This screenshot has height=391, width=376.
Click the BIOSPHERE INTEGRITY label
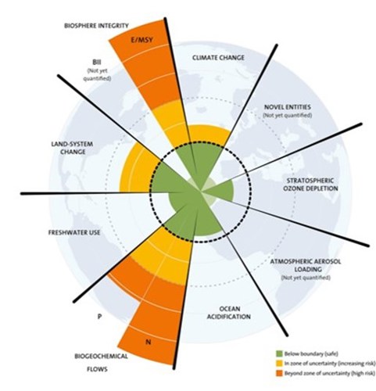96,26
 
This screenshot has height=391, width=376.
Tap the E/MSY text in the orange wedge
141,40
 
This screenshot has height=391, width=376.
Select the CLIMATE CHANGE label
218,58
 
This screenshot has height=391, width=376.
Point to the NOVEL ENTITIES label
288,107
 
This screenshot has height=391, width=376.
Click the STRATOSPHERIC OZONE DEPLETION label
310,185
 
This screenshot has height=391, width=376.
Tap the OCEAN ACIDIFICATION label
228,313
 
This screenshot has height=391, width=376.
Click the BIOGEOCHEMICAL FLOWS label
101,363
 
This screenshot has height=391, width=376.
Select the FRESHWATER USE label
74,232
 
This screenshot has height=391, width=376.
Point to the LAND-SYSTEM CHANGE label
72,148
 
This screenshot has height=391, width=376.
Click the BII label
97,63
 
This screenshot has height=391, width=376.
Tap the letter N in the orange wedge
148,342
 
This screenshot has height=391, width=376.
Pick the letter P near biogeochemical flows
99,317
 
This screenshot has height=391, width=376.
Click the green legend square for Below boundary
279,353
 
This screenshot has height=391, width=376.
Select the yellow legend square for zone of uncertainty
279,364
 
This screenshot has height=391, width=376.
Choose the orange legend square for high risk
279,373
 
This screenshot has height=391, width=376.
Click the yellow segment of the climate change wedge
209,135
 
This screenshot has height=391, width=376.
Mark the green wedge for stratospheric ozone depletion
221,190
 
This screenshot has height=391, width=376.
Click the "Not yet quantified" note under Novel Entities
288,115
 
